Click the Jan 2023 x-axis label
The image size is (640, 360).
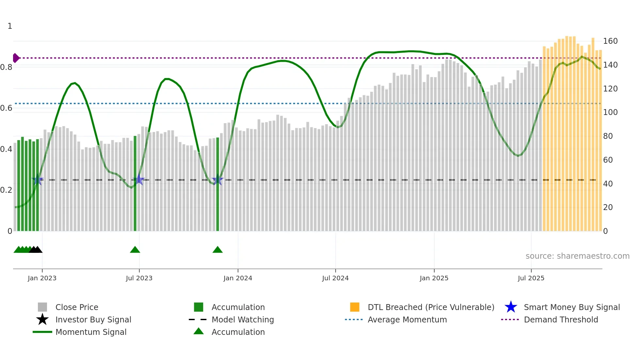[42, 278]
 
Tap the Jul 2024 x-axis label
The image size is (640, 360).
[335, 278]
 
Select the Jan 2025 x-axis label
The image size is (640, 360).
[434, 278]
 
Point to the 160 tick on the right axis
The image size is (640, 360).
[610, 41]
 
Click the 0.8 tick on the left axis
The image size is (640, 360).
[6, 67]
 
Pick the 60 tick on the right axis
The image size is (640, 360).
[608, 160]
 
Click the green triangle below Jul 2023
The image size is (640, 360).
[135, 250]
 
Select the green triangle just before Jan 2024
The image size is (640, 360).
[217, 250]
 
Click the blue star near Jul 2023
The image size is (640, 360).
[139, 180]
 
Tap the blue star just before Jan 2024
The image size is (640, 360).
[217, 180]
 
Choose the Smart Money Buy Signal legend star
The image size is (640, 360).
[511, 307]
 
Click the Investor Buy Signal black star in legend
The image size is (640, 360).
[42, 319]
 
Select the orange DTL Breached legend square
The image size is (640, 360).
[355, 307]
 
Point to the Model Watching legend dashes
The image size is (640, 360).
[198, 319]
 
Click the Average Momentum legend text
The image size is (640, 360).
[407, 319]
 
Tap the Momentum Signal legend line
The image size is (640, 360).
[42, 332]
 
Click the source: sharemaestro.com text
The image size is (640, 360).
[577, 256]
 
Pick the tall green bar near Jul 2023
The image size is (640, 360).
[135, 183]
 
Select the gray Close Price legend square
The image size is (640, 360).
[42, 307]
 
